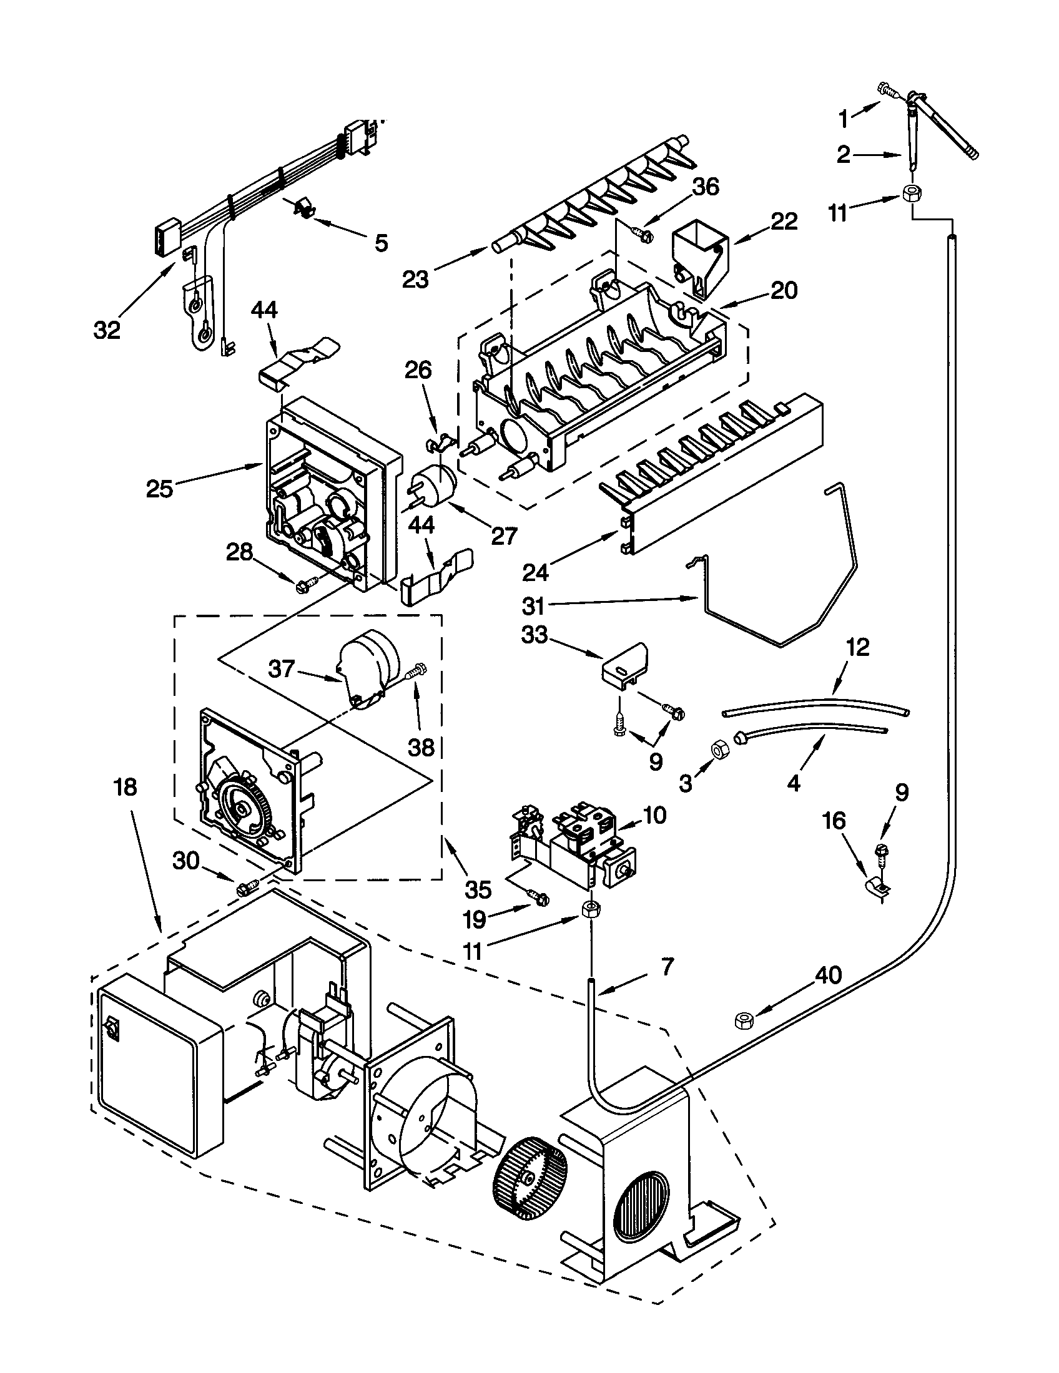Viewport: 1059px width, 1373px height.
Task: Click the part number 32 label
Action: (106, 330)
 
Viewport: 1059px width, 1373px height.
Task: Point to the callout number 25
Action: (159, 489)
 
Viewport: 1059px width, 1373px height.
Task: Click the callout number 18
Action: (126, 786)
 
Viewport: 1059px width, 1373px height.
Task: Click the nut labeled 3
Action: (716, 750)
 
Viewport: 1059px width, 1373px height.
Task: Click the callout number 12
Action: (858, 647)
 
